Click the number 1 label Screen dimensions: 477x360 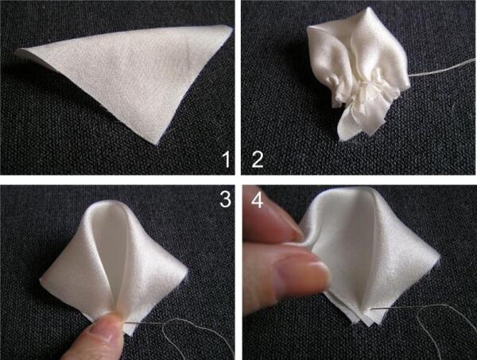(x=226, y=159)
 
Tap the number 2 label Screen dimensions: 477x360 (x=258, y=160)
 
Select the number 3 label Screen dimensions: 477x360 (x=225, y=199)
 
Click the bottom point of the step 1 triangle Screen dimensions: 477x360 (x=157, y=145)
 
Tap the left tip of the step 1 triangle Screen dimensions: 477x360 (x=16, y=52)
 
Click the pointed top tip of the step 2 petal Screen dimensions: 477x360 (x=369, y=9)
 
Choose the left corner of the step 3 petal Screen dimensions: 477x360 (x=41, y=277)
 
